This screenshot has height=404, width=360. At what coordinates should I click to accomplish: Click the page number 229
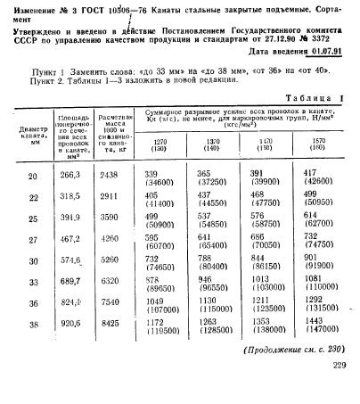pos(339,389)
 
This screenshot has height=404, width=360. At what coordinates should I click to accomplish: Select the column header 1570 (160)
pos(315,144)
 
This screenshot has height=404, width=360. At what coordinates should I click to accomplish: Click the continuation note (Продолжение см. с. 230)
pos(294,372)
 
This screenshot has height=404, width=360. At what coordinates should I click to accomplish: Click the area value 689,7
pos(70,281)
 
